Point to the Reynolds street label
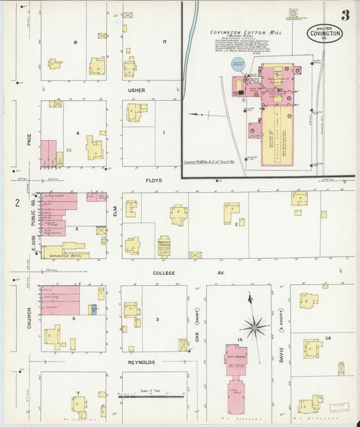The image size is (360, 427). tap(143, 362)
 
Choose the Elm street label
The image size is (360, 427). tap(115, 211)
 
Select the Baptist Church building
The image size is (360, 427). tap(163, 247)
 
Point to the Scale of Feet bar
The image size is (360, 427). tap(152, 395)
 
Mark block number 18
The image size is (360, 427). tap(76, 43)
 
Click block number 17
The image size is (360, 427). tap(163, 43)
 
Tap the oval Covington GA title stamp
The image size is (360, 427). tap(324, 32)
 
